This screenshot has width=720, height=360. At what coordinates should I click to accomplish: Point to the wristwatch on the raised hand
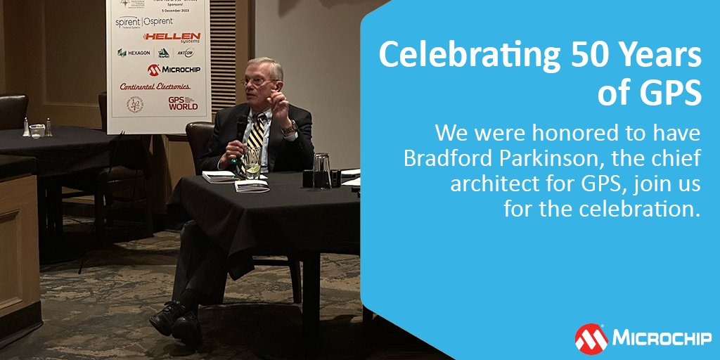[288, 127]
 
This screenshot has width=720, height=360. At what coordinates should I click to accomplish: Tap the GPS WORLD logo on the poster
[183, 103]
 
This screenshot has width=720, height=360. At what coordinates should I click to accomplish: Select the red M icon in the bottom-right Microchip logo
[591, 338]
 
